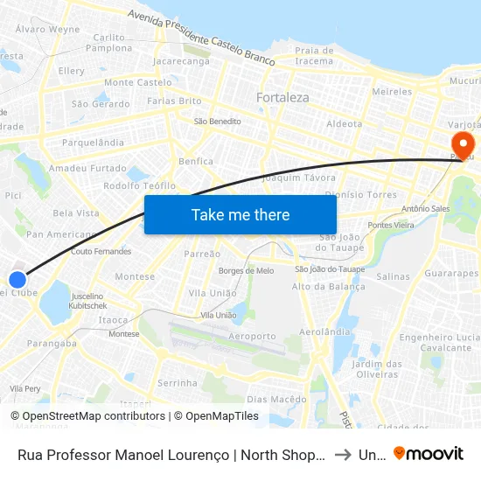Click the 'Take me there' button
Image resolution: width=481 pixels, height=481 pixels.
240,215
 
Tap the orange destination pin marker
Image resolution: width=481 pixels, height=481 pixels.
461,143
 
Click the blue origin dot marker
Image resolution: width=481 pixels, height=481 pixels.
17,280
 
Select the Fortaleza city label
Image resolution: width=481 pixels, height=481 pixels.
282,98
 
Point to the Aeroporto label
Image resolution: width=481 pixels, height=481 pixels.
250,336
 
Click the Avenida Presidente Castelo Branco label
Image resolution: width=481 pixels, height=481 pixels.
201,39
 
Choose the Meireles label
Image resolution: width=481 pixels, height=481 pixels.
392,91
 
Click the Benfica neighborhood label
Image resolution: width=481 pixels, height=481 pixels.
196,161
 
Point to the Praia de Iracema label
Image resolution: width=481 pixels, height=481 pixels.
314,55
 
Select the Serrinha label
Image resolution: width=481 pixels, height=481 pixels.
177,383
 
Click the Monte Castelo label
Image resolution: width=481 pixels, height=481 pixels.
137,82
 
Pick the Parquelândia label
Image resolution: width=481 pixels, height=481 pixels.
93,142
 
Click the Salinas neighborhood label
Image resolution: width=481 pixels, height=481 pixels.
393,275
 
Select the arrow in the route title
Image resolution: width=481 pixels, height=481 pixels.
344,454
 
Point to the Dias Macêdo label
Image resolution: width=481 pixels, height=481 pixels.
276,399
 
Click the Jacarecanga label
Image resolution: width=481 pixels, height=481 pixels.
181,62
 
